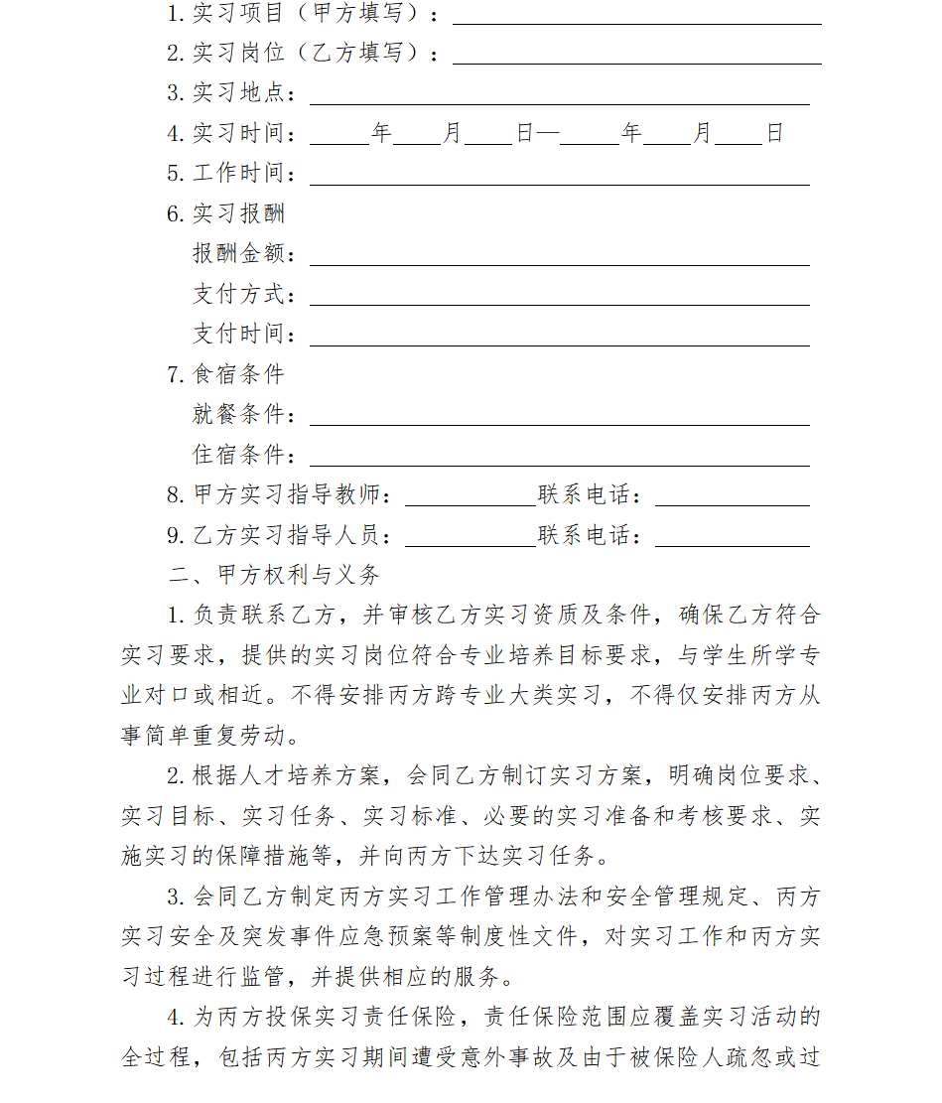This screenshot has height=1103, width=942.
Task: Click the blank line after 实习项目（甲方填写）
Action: click(x=636, y=16)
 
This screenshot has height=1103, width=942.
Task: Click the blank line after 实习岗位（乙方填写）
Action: click(x=636, y=56)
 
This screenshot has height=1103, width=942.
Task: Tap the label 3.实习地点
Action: click(x=231, y=93)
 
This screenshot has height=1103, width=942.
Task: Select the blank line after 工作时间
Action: click(x=559, y=177)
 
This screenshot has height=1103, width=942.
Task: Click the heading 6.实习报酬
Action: click(x=226, y=213)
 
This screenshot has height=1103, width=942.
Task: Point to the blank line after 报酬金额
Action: click(x=559, y=257)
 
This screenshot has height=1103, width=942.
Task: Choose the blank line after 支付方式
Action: click(x=559, y=297)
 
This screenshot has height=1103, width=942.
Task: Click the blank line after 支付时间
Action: click(x=559, y=338)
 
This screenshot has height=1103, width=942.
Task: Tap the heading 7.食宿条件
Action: click(x=226, y=374)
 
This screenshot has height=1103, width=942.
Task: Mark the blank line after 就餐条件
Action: click(x=559, y=418)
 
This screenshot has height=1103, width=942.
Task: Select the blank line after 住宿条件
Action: click(x=559, y=458)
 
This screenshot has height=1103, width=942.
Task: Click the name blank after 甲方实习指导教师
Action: click(x=470, y=498)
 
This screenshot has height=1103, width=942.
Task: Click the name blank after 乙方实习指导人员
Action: click(x=470, y=538)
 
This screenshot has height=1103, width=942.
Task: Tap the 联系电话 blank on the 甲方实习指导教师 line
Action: click(x=732, y=498)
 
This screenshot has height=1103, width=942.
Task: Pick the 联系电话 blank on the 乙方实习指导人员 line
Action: click(x=732, y=538)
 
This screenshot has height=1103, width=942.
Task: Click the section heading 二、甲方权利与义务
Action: click(x=274, y=575)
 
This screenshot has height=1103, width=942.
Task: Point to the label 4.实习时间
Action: click(x=231, y=133)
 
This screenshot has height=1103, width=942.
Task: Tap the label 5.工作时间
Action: click(x=231, y=174)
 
